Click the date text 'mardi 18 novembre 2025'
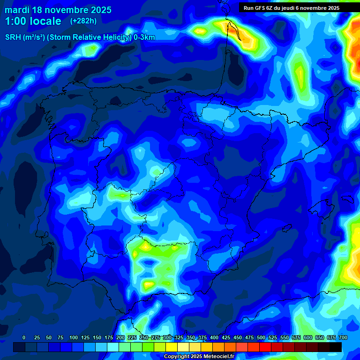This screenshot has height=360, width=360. coord(58,10)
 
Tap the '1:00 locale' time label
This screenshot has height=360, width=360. coord(33,21)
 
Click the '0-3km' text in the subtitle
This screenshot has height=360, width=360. coord(144,37)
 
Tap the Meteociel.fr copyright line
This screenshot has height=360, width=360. coord(198,357)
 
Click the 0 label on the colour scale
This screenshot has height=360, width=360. coord(24,337)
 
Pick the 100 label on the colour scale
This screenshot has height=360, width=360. coord(74,337)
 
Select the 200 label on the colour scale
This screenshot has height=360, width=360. coord(120,337)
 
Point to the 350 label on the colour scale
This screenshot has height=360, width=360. coord(191,337)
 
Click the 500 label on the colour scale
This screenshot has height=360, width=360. coord(261,337)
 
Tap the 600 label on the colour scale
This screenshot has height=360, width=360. coord(308,337)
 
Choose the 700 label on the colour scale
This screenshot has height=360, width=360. coord(343,337)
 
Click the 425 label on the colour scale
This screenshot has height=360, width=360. coord(226,337)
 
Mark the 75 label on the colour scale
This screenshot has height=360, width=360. coord(60,337)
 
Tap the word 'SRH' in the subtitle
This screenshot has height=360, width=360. coord(13,37)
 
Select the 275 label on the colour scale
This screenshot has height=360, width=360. coord(156,337)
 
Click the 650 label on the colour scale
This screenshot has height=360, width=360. coord(320,337)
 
